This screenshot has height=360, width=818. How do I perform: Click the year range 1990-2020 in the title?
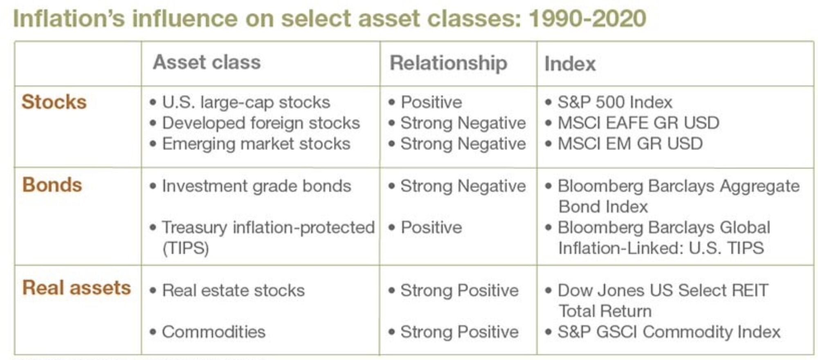click(x=587, y=19)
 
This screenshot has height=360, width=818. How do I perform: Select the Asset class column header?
click(x=207, y=62)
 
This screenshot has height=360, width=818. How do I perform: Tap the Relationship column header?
click(x=448, y=63)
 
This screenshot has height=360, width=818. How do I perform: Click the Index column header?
click(x=570, y=64)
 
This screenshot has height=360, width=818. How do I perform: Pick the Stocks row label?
click(x=54, y=102)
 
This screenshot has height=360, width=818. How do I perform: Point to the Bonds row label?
click(x=52, y=185)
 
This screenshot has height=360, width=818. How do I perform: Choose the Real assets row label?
click(x=76, y=288)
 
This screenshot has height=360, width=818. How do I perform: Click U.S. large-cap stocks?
click(x=246, y=102)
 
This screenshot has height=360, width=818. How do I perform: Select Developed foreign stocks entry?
click(x=261, y=123)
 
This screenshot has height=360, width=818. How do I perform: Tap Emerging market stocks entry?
click(x=256, y=144)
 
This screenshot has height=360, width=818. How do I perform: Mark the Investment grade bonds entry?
click(x=256, y=186)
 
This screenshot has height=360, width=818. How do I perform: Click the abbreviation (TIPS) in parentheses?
click(x=186, y=248)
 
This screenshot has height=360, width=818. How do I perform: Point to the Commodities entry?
click(x=213, y=332)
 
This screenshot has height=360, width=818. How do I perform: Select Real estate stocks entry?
click(x=233, y=290)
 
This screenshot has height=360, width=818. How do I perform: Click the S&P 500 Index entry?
click(x=615, y=102)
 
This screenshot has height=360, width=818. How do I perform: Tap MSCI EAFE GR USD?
click(x=638, y=123)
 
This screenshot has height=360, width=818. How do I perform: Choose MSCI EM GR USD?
click(x=630, y=144)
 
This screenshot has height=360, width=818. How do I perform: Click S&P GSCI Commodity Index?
click(x=669, y=332)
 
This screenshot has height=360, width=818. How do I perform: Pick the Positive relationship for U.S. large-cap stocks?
click(x=431, y=102)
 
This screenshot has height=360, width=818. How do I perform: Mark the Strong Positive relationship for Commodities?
click(x=459, y=332)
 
